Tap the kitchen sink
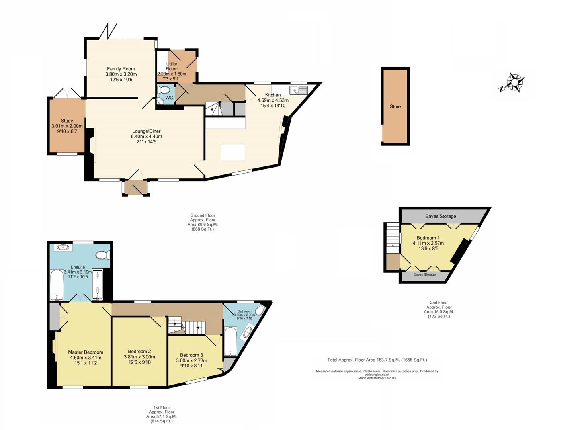tap(298, 90)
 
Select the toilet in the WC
tap(164, 90)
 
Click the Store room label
tap(395, 107)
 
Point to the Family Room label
tap(121, 69)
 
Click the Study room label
tap(67, 121)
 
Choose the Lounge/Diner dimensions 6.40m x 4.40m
tap(146, 136)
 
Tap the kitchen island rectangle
tap(233, 152)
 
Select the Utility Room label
tap(172, 66)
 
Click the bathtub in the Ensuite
tap(57, 285)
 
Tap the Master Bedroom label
tap(86, 352)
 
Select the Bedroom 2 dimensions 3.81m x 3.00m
tap(139, 357)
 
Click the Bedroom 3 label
tap(191, 355)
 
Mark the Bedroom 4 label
tap(428, 238)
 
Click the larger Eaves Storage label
tap(441, 216)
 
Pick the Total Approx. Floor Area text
tap(377, 360)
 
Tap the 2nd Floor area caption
tap(439, 309)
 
